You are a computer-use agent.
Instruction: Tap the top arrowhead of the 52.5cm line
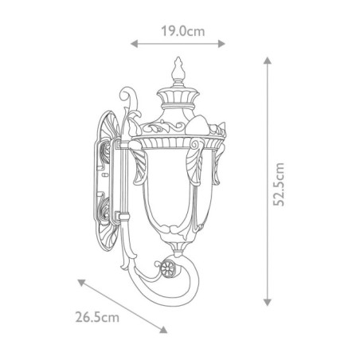click(266, 60)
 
